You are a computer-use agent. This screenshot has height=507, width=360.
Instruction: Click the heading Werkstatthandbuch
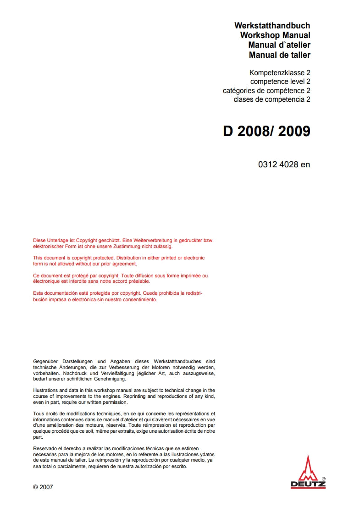click(x=272, y=26)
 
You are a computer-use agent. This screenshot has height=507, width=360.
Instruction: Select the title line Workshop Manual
click(x=275, y=35)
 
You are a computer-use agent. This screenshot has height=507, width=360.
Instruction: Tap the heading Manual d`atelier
click(x=279, y=45)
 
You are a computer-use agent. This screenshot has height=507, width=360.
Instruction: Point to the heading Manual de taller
click(x=279, y=55)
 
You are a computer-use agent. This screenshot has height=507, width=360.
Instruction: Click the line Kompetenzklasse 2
click(x=280, y=72)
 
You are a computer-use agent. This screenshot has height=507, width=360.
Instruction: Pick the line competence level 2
click(x=280, y=82)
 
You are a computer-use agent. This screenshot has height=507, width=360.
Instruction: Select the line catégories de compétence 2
click(x=266, y=90)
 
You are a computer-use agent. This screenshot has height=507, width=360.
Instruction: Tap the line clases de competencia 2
click(x=272, y=99)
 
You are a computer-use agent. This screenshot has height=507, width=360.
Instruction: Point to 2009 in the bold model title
click(x=294, y=131)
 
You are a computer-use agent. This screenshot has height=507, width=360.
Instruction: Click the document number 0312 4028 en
click(x=284, y=164)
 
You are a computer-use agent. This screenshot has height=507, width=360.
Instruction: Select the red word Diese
click(x=40, y=240)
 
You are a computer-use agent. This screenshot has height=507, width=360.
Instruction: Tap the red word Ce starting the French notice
click(x=37, y=276)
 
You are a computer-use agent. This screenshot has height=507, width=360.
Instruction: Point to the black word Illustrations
click(x=46, y=391)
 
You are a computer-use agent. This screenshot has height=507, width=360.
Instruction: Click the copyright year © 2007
click(x=43, y=487)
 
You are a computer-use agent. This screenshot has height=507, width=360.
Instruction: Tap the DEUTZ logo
click(x=308, y=473)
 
